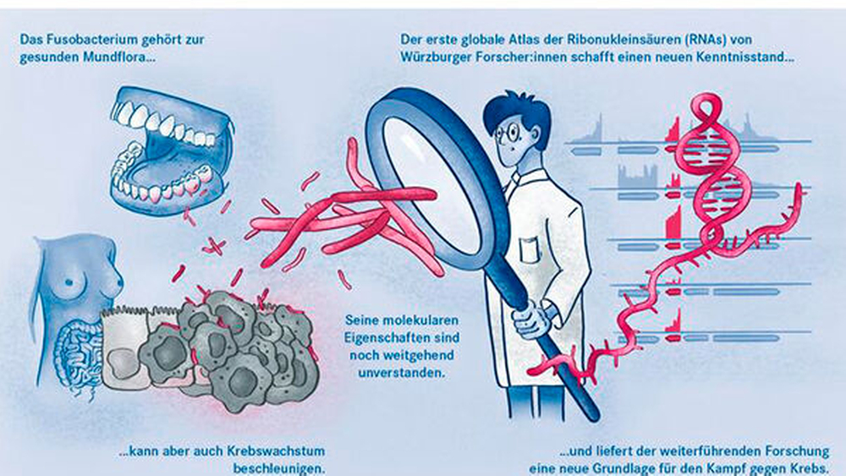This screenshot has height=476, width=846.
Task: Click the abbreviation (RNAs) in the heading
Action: [715, 40]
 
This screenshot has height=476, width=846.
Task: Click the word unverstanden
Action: [403, 373]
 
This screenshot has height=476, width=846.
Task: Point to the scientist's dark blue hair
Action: [518, 112]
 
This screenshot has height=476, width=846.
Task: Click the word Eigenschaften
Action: [401, 337]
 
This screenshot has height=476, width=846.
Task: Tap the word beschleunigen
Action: [279, 468]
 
